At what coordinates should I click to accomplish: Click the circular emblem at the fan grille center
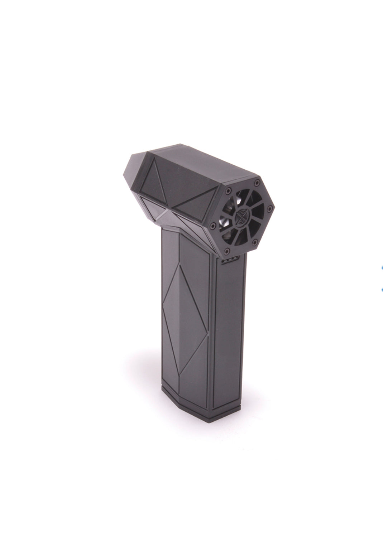(241, 216)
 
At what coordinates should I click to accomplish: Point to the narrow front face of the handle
(229, 329)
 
